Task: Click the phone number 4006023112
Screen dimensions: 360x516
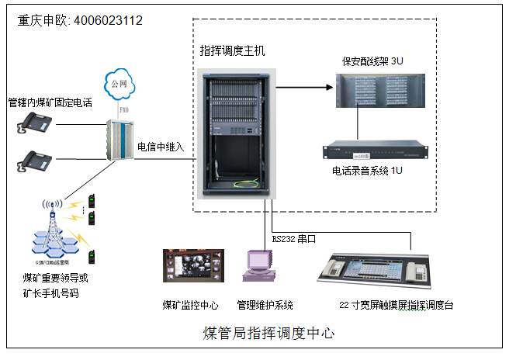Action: [x=108, y=20]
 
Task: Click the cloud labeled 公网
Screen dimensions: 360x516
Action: [x=119, y=83]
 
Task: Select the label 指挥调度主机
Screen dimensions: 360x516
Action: [x=232, y=51]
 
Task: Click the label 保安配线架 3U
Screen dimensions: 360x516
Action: [x=372, y=61]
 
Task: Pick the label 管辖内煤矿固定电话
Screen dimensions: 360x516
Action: [x=47, y=102]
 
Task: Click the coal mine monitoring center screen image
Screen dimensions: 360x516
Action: [x=193, y=266]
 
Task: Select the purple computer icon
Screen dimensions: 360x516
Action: [x=258, y=268]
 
